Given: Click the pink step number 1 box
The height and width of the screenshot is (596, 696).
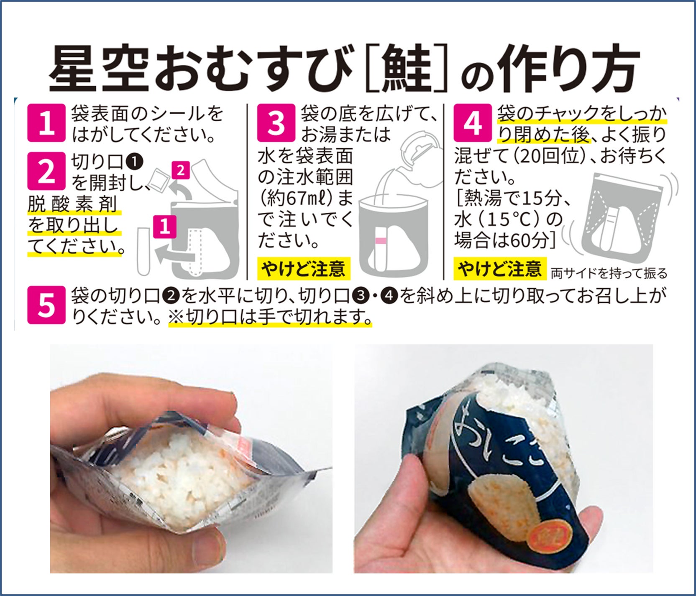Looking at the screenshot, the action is point(46,123).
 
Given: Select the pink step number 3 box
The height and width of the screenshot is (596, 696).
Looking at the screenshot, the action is point(276,123).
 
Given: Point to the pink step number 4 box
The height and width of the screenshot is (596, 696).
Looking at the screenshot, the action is point(473,123).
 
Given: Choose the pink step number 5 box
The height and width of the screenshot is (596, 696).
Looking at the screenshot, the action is point(46,305).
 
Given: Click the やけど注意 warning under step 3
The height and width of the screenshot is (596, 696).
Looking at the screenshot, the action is point(303,269).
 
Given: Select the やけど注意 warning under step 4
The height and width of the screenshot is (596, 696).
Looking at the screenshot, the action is point(500,269).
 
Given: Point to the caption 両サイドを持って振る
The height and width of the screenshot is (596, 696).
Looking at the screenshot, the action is point(609,274).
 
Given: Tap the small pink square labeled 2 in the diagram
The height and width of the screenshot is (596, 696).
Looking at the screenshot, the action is point(180,171).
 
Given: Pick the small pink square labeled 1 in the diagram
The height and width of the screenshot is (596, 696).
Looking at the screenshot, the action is point(164,227).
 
